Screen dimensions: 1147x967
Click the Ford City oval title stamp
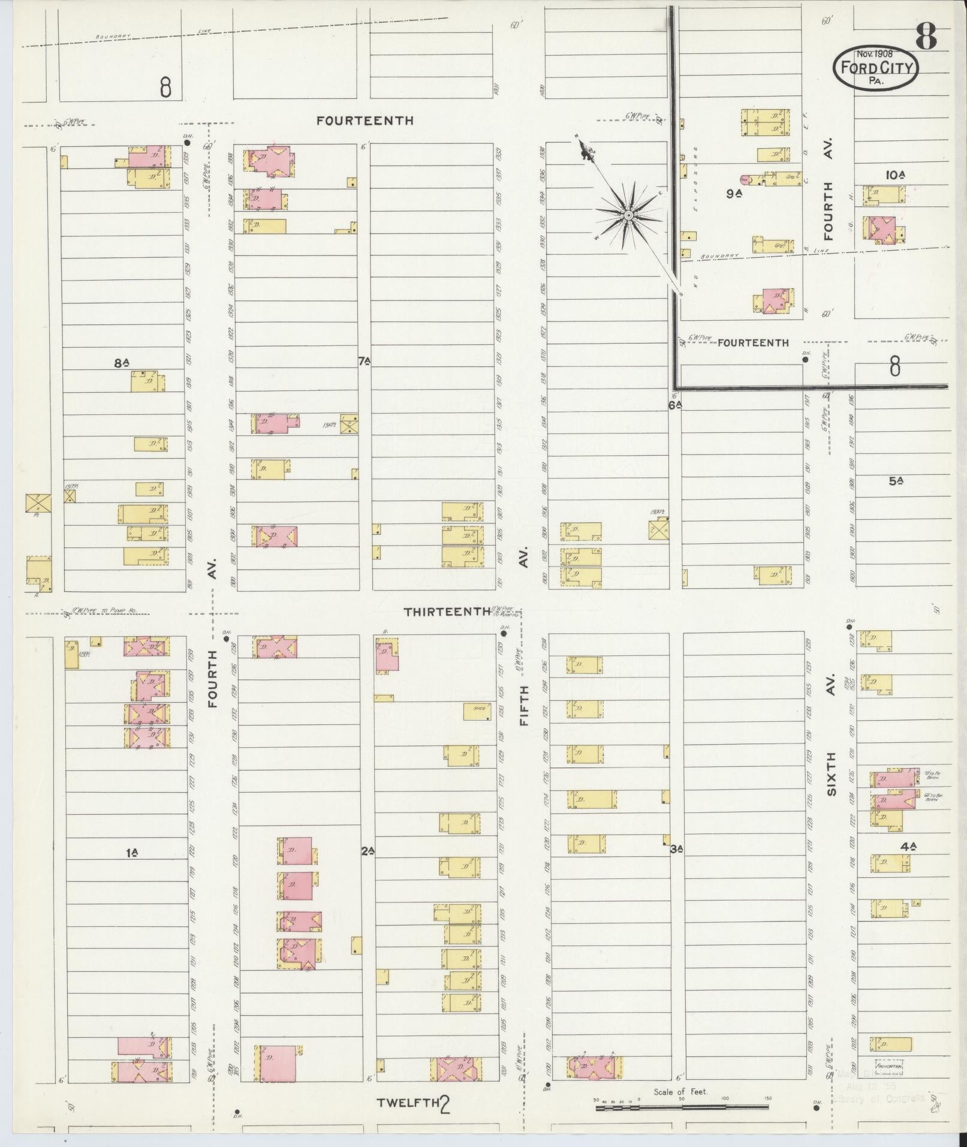[875, 68]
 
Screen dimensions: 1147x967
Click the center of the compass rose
[628, 215]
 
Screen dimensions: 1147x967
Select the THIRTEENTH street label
[447, 612]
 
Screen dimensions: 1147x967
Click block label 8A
[122, 362]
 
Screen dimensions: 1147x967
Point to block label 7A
[364, 361]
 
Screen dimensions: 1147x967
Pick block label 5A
[896, 480]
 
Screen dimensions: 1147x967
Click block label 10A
[894, 174]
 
